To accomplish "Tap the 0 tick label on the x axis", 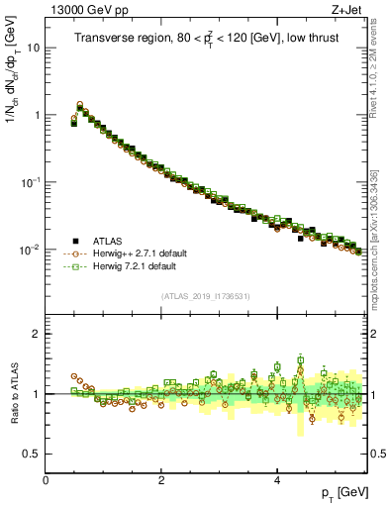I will coord(47,479).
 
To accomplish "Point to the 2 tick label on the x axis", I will coord(161,479).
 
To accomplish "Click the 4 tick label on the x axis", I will coord(276,479).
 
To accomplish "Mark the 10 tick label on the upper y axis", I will coord(33,48).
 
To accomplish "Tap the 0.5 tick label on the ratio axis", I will coord(33,454).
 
